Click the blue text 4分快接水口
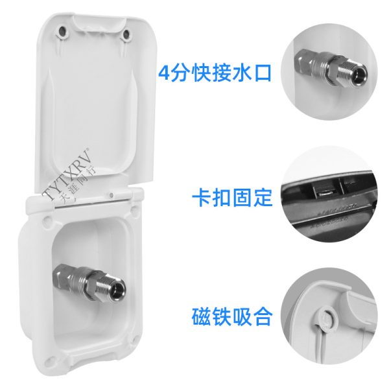215,73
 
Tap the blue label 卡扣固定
232,198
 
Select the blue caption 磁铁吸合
232,316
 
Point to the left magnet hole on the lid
63,32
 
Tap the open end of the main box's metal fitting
119,289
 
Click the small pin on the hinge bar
112,194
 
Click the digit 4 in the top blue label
164,74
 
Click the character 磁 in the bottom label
201,316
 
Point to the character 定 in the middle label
263,198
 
